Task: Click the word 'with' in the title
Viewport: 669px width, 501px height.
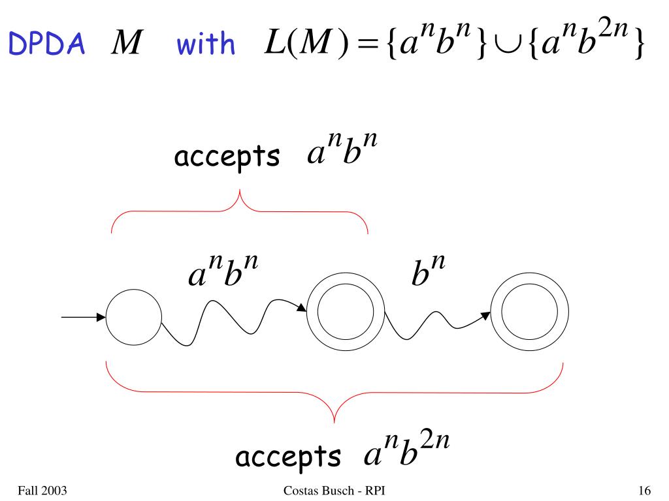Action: coord(205,44)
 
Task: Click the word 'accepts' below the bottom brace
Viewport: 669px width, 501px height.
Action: coord(288,456)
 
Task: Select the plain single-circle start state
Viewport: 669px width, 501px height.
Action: coord(133,318)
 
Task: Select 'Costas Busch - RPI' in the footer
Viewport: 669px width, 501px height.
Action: coord(334,489)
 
